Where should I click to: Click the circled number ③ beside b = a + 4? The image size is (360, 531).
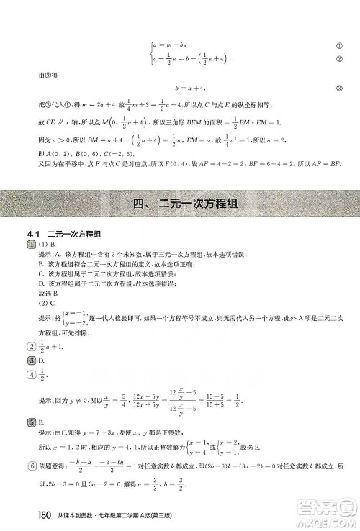pyautogui.click(x=338, y=88)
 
